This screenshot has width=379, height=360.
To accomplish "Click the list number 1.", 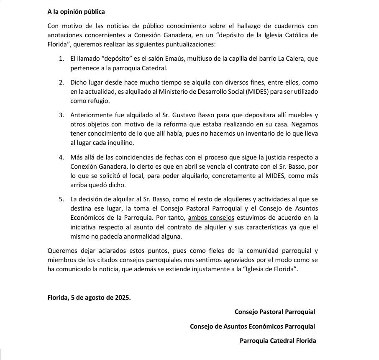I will (61, 59).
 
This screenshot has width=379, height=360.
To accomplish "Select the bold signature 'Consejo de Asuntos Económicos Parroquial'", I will (252, 326).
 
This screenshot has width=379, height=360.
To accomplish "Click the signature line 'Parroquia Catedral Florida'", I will (277, 340).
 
